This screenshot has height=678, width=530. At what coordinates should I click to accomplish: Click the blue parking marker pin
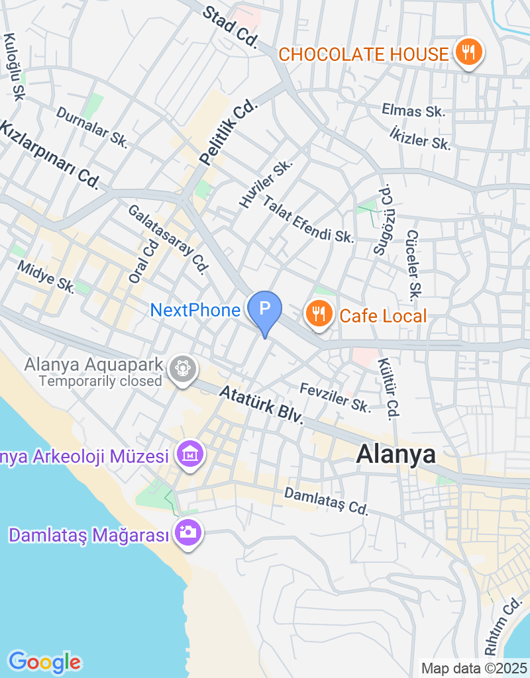(264, 310)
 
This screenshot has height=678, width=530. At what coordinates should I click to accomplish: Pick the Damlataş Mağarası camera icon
(188, 531)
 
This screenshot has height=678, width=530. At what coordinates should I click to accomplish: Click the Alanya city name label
(396, 454)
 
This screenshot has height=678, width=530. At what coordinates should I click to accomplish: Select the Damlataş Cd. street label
(325, 501)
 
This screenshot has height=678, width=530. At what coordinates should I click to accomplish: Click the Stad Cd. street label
(230, 26)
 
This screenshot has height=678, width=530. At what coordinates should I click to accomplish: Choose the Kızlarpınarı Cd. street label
(49, 154)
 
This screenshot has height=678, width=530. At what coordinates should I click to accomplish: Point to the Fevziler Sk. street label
(335, 397)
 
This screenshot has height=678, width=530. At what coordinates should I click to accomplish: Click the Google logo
(44, 661)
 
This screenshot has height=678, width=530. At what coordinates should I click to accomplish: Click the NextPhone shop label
(195, 310)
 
